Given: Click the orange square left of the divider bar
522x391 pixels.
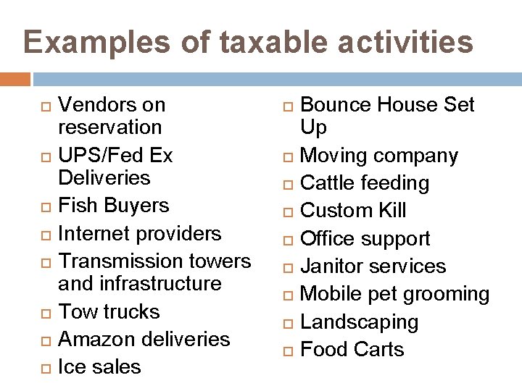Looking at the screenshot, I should [x=15, y=79].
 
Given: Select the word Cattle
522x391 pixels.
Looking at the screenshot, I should [x=326, y=183].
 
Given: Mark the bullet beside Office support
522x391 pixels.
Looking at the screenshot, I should [x=288, y=240].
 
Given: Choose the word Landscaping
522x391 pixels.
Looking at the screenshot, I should [x=359, y=322].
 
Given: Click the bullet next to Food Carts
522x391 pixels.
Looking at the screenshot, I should [x=288, y=350].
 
